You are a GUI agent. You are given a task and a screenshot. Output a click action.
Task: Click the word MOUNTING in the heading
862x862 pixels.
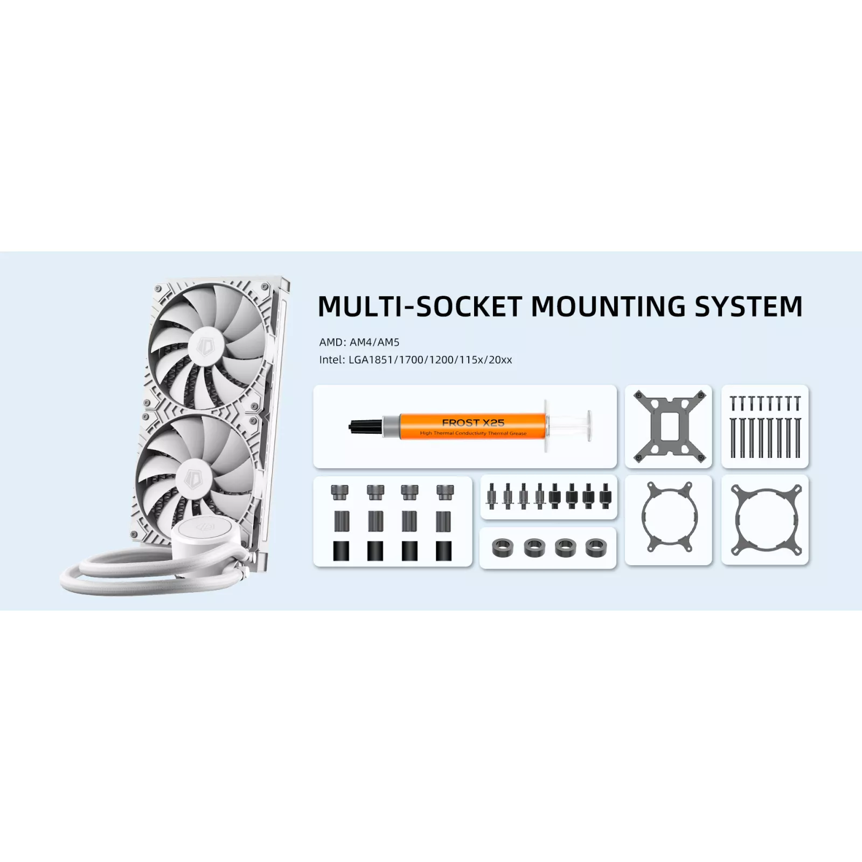[608, 306]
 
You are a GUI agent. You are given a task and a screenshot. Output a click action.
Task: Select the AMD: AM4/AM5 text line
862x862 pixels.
[359, 342]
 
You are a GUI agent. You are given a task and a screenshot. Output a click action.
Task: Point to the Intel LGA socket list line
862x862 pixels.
[415, 360]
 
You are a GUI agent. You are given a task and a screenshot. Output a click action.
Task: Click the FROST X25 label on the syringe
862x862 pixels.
[473, 423]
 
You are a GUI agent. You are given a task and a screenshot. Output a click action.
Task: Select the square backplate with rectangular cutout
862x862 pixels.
[669, 426]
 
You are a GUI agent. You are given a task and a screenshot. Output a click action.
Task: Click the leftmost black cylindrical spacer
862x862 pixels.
[341, 551]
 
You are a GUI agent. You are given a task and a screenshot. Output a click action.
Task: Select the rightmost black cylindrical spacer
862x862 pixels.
[443, 551]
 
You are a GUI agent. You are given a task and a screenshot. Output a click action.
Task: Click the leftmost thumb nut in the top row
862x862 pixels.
[340, 492]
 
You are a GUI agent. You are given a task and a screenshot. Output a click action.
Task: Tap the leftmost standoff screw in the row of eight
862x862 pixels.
[491, 496]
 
